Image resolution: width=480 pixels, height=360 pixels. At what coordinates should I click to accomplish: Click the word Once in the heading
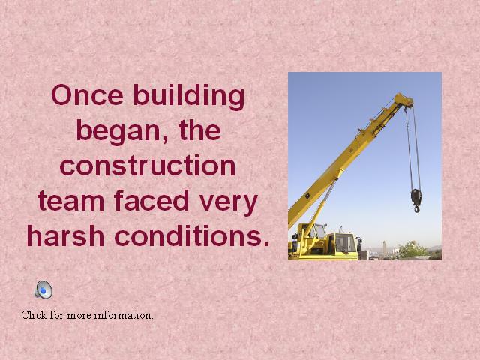(88, 95)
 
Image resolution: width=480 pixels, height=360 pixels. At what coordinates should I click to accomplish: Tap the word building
(189, 97)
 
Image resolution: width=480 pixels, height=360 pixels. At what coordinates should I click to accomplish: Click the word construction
(148, 166)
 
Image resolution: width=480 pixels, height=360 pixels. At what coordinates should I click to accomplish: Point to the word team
(71, 201)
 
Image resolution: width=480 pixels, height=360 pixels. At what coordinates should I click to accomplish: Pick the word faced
(151, 200)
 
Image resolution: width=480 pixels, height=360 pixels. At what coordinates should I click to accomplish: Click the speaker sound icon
(43, 289)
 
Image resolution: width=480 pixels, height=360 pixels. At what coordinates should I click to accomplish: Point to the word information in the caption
(124, 315)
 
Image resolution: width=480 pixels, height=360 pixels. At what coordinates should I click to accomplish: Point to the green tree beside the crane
(412, 250)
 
